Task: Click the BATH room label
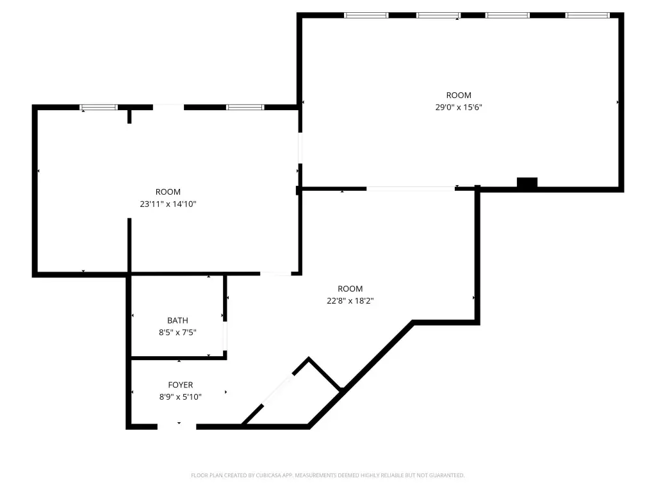177,320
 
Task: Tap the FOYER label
180,385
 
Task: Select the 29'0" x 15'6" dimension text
459,107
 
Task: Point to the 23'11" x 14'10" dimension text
168,204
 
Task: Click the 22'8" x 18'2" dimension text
350,301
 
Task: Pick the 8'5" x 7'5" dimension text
177,332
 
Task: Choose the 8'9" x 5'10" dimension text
180,397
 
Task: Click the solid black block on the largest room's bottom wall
527,183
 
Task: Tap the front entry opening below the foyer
177,427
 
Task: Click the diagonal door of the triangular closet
277,390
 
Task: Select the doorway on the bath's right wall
225,336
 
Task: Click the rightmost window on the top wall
587,15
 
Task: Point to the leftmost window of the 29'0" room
366,15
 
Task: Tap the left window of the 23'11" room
99,108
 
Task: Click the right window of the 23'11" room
245,108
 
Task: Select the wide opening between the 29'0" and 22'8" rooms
411,189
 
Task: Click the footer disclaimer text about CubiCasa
327,475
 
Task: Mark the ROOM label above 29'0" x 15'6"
459,95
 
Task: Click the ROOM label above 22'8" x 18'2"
350,289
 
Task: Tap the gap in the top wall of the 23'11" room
168,108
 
